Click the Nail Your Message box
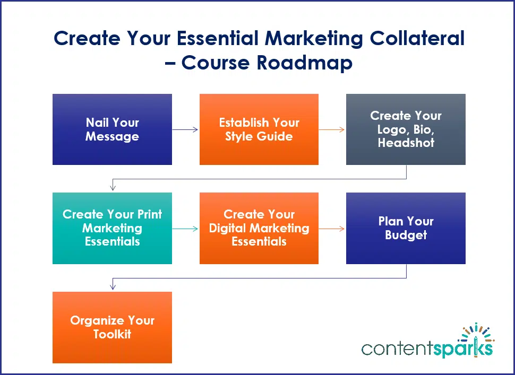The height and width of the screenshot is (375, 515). [x=112, y=129]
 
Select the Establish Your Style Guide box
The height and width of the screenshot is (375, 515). [x=259, y=129]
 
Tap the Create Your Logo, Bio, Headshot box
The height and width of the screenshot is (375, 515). [x=406, y=129]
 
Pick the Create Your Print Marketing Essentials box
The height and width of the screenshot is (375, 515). [x=112, y=228]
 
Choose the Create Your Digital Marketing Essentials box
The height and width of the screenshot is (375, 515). [x=259, y=228]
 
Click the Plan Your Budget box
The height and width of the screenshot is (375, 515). [x=406, y=228]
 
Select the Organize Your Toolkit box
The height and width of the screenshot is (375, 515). [x=112, y=327]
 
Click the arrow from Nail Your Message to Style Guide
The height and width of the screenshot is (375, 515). [x=185, y=129]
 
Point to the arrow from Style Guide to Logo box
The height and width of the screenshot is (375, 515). [x=332, y=129]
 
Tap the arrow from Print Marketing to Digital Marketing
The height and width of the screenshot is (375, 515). [x=185, y=229]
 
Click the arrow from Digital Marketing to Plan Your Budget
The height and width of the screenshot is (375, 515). [x=332, y=229]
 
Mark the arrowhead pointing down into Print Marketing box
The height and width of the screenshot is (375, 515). [x=113, y=187]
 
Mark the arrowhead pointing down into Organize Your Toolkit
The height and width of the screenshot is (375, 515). [x=113, y=286]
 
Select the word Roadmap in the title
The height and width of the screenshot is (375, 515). [x=304, y=63]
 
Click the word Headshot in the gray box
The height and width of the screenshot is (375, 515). [x=406, y=143]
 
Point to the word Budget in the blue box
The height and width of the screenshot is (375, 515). [x=406, y=235]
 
